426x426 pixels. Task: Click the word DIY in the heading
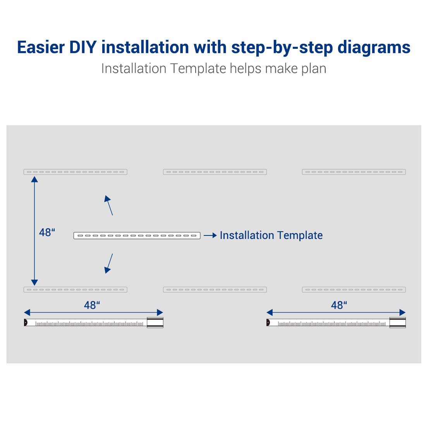coord(83,47)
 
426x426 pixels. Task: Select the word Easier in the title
coord(41,47)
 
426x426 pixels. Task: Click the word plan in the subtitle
coord(314,69)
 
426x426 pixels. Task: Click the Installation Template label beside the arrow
coord(271,235)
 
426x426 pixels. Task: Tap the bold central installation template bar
coord(137,235)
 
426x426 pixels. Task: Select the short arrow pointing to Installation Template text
coord(210,235)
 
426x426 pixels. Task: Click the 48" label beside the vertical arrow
coord(47,232)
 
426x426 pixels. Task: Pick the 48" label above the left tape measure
coord(92,305)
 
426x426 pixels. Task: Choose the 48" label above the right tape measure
coord(339,305)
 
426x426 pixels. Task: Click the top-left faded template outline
coord(76,172)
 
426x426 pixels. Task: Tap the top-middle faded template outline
coord(215,172)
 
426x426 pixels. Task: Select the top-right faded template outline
coord(354,172)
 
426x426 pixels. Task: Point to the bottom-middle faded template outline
coord(215,290)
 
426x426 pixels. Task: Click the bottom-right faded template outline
coord(354,290)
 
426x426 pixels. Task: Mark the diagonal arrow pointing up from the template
coord(109,205)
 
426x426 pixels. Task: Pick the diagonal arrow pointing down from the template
coord(109,263)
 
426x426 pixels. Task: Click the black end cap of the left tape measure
coord(26,323)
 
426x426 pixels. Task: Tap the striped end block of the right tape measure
coord(397,323)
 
